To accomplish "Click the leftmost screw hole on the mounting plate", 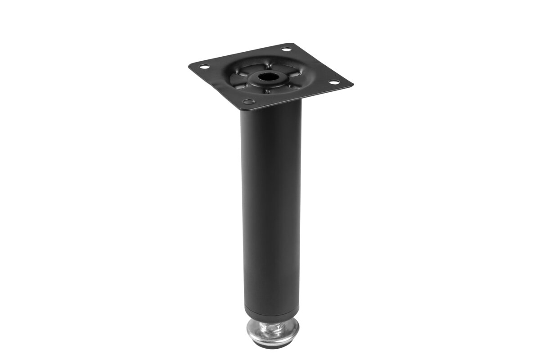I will (x=204, y=67).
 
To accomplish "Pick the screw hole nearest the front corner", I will (x=247, y=101).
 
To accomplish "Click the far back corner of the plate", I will (x=292, y=44).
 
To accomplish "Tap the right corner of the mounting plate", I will (x=352, y=84).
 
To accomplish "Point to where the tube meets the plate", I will (x=270, y=108).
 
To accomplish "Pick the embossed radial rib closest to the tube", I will (x=268, y=90).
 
